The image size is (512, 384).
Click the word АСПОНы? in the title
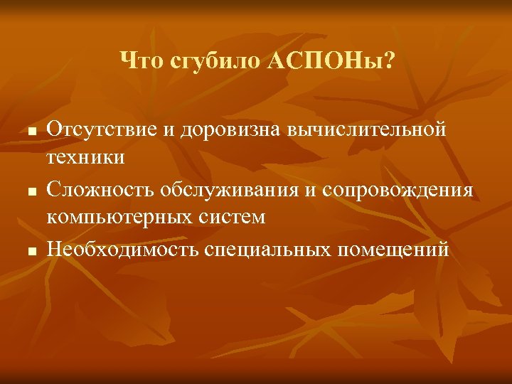[x=330, y=62]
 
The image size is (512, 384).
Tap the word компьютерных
[x=116, y=216]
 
